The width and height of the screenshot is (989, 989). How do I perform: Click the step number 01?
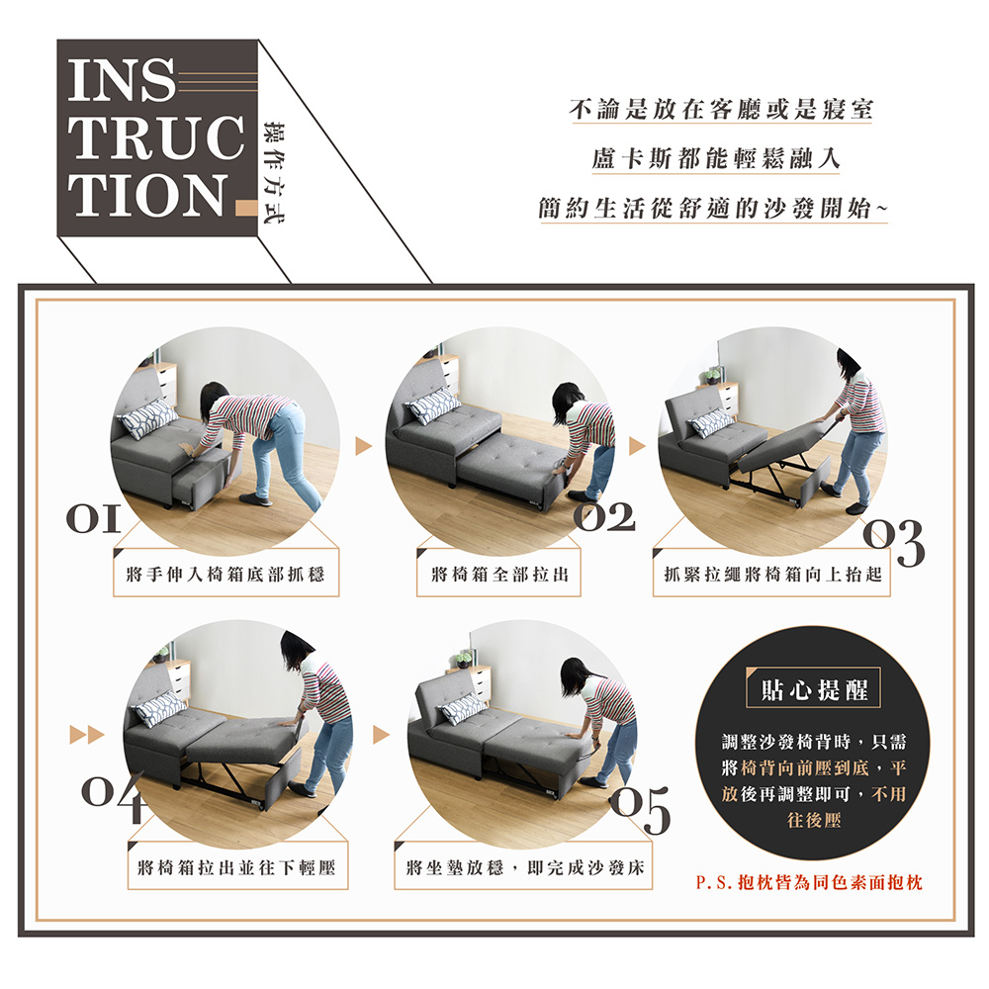click(94, 519)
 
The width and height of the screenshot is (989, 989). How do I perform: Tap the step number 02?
click(603, 516)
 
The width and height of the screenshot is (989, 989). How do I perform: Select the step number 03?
click(894, 543)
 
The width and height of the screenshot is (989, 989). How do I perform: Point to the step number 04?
click(113, 796)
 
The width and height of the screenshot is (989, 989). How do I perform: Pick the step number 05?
click(640, 810)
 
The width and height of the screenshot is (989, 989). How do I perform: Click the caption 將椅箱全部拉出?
click(499, 574)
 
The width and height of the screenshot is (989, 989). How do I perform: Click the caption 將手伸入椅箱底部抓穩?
click(225, 574)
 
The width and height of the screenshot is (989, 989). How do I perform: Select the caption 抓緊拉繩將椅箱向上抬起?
click(772, 574)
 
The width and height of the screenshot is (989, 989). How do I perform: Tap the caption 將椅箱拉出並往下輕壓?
click(236, 868)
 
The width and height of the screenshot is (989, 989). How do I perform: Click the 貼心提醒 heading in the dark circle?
click(814, 690)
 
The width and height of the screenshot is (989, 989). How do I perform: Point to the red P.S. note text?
click(809, 882)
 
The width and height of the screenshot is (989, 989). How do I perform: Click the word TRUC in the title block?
click(156, 138)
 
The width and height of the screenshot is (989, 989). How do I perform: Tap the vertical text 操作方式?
click(275, 171)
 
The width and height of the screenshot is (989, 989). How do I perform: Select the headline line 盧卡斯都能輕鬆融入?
click(716, 158)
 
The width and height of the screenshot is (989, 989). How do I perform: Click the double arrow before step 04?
click(87, 735)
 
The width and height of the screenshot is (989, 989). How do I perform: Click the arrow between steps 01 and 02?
click(363, 447)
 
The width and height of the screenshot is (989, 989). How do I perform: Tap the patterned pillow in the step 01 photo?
click(147, 418)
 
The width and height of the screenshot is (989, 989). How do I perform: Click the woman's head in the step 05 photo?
click(576, 674)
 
